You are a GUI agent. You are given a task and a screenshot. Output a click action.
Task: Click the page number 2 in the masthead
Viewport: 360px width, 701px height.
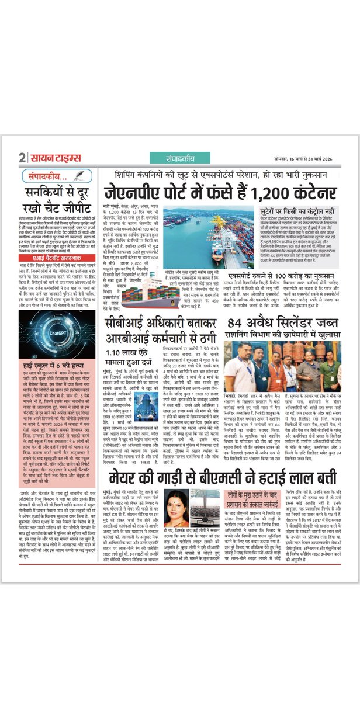[22, 158]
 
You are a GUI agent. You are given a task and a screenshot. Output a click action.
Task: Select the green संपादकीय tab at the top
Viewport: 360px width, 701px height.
[171, 158]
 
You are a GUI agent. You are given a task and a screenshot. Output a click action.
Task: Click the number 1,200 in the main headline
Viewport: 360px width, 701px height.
[258, 193]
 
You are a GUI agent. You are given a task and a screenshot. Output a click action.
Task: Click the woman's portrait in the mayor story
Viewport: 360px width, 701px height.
[178, 513]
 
